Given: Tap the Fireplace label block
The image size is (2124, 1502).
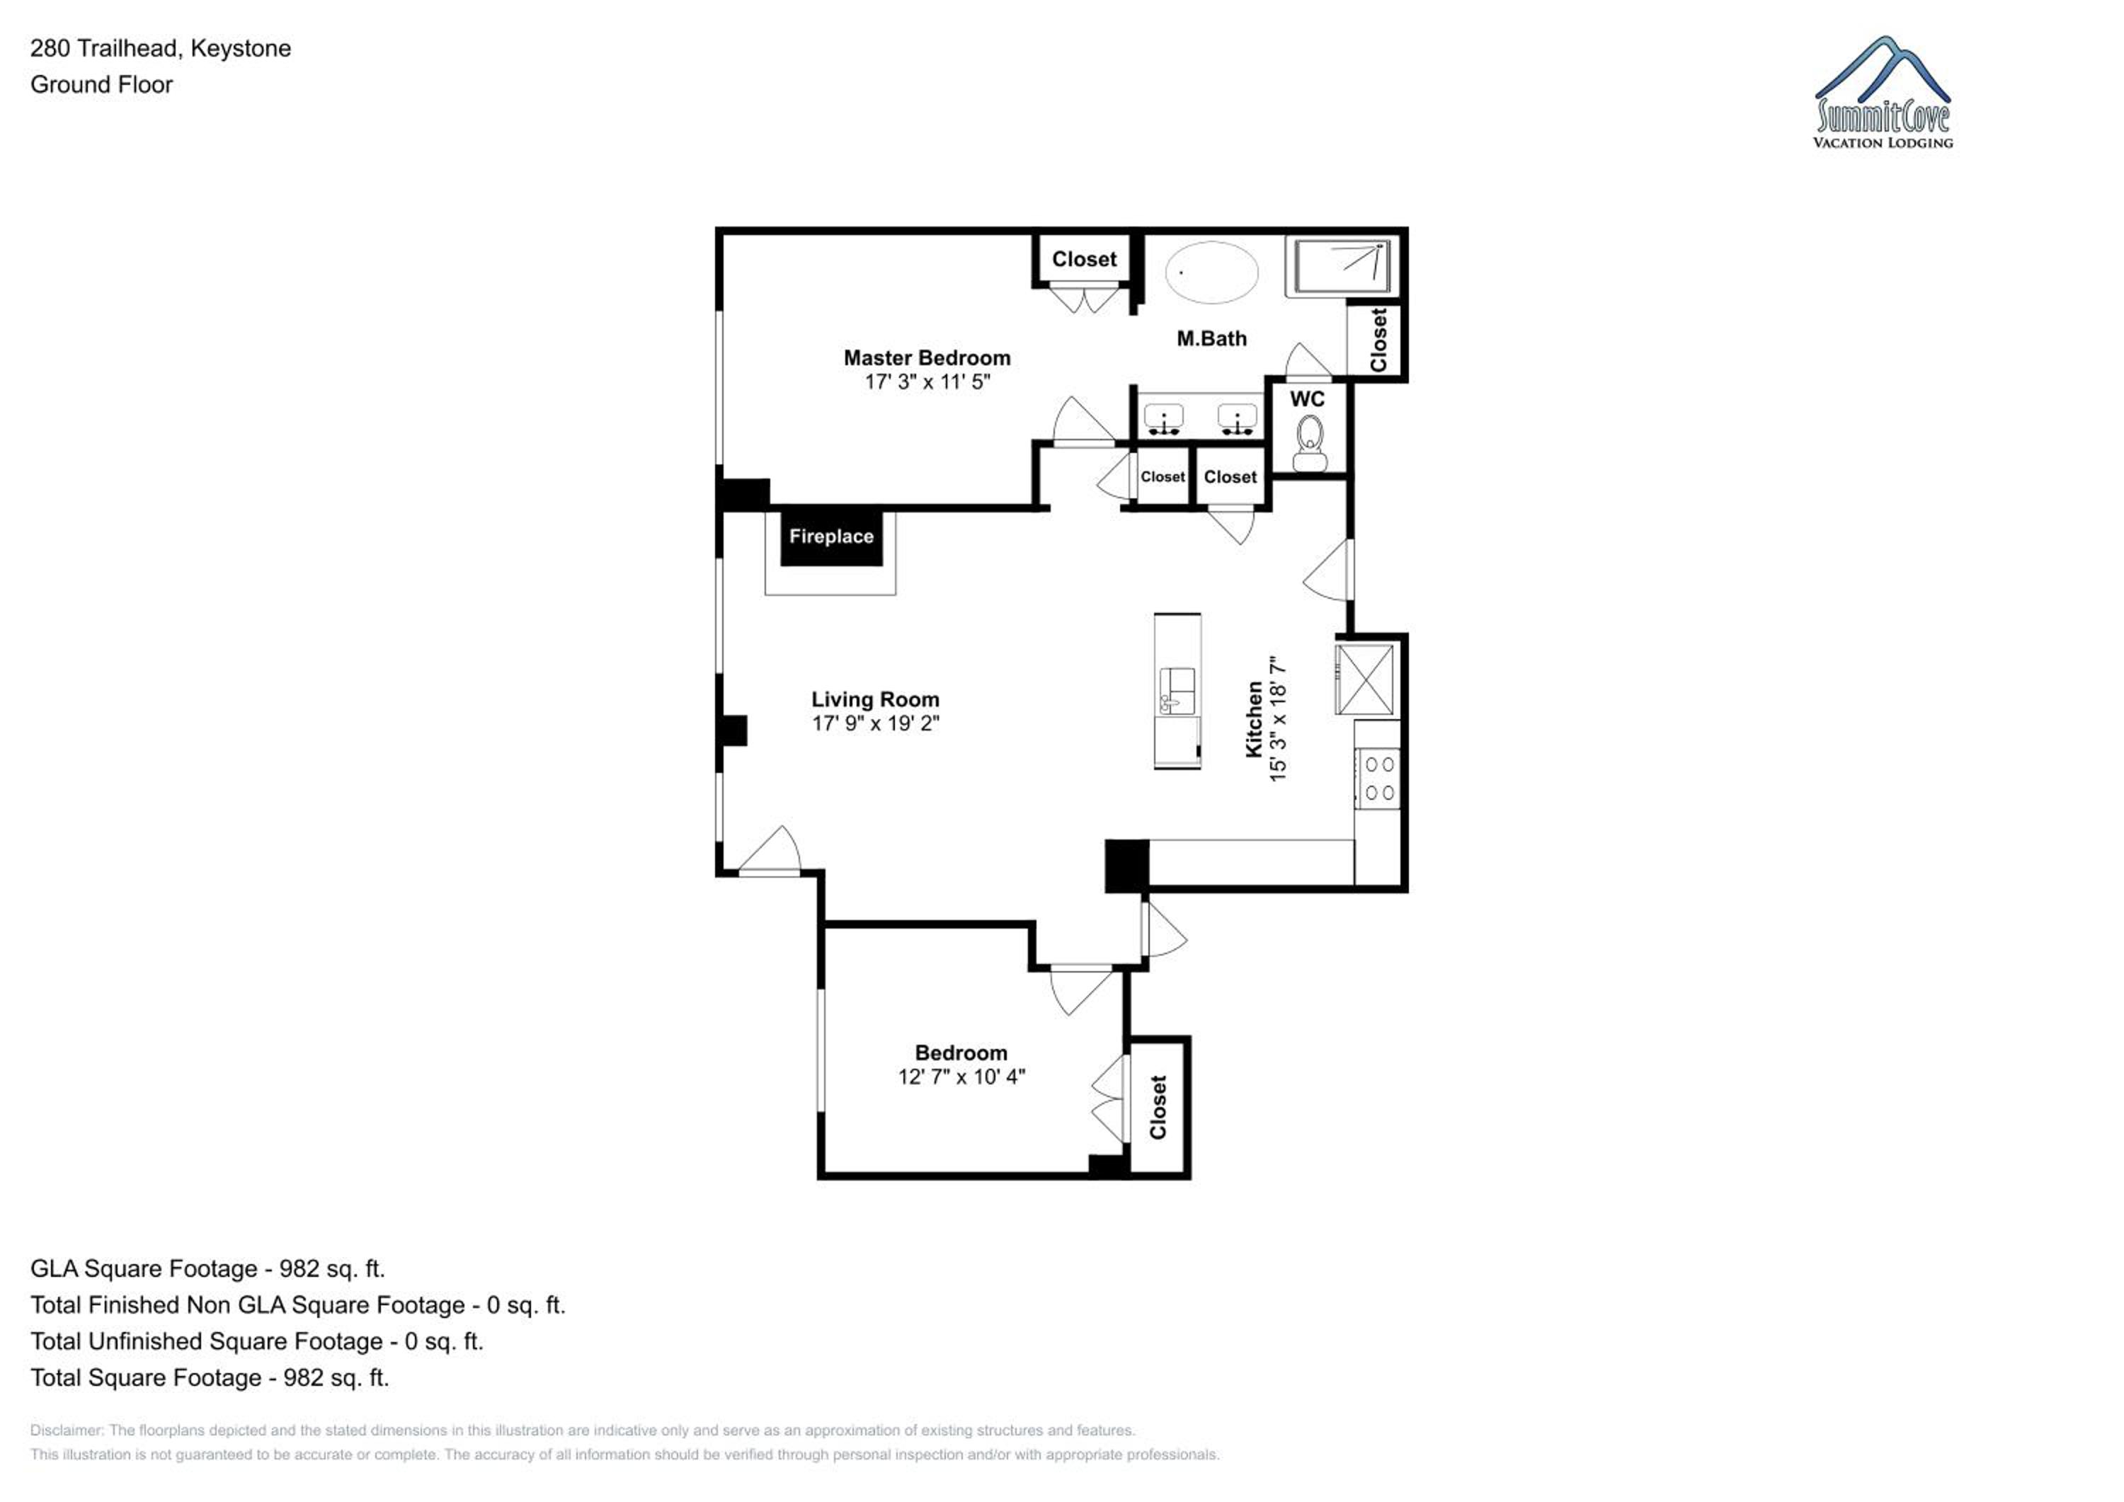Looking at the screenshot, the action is [x=830, y=537].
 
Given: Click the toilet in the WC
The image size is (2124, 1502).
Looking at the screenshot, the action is [x=1309, y=443].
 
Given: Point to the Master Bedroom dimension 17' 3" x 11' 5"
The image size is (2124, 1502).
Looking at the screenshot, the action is [x=927, y=382].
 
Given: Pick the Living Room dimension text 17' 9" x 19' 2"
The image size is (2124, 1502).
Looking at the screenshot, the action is [x=875, y=723].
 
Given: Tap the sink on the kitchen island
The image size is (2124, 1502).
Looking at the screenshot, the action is [x=1177, y=691].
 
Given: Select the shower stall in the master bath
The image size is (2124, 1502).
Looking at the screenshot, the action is [x=1340, y=268].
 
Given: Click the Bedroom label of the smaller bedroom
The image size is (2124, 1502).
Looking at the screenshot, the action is [x=961, y=1053].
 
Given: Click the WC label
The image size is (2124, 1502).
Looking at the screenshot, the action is [x=1307, y=399].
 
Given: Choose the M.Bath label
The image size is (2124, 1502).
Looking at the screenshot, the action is [x=1212, y=338].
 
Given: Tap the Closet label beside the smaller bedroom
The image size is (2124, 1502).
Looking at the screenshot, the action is [x=1158, y=1107].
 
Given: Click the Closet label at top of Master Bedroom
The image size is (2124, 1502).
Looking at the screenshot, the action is [x=1084, y=259].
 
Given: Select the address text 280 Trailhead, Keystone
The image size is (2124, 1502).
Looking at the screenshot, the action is [x=161, y=48].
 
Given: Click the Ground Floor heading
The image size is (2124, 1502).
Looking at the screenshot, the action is [x=102, y=84].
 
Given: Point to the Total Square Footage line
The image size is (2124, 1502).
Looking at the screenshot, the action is [x=210, y=1377].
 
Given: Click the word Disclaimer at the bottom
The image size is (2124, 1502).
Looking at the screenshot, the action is [x=66, y=1430].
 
